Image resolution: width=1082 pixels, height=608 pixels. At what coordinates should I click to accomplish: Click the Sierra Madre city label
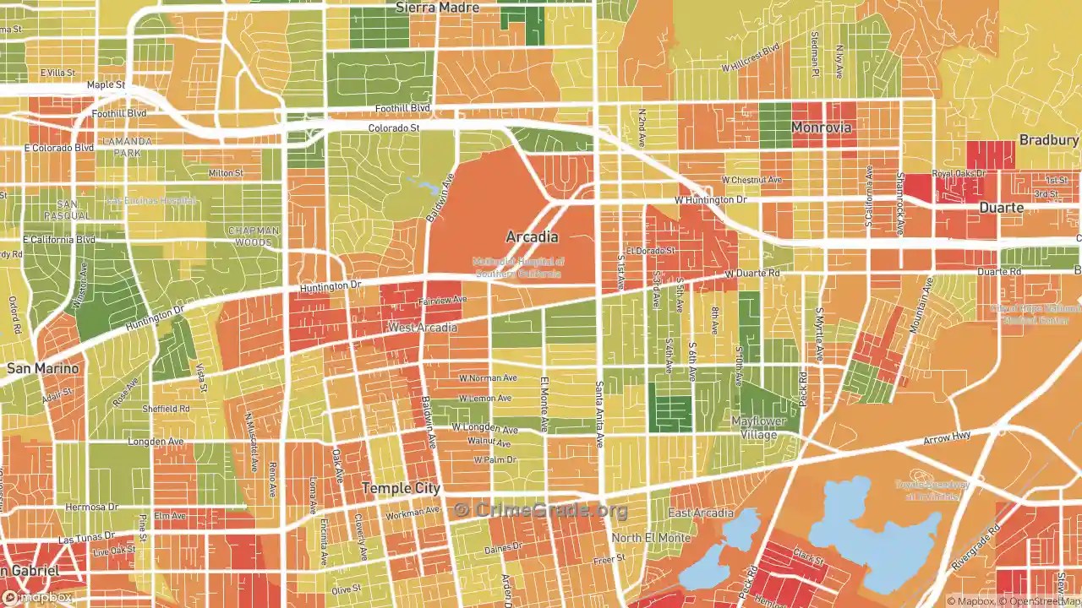[x=437, y=8]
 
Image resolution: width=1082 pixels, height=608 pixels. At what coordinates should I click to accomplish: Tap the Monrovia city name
[x=821, y=128]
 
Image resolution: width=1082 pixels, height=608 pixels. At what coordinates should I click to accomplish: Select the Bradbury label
[x=1048, y=140]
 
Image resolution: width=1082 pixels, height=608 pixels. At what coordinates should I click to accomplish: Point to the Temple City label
[x=401, y=488]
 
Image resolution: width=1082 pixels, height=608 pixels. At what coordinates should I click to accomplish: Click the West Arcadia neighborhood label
[x=422, y=327]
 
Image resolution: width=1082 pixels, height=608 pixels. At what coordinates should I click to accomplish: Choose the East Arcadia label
[x=701, y=513]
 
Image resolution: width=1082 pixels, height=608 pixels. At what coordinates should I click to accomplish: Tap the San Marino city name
[x=42, y=368]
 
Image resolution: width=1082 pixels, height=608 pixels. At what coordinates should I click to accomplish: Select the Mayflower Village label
[x=758, y=428]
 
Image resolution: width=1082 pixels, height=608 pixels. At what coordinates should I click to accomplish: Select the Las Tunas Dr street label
[x=85, y=538]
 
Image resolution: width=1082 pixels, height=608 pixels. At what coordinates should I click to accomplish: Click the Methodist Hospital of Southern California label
[x=517, y=268]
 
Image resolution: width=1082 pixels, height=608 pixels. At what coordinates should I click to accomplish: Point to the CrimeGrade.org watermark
[x=541, y=510]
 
